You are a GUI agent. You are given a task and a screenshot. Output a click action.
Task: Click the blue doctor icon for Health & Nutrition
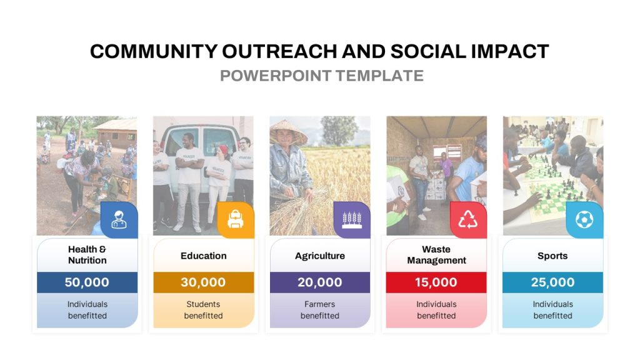tap(119, 219)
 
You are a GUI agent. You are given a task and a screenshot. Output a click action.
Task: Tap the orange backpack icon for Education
tap(236, 219)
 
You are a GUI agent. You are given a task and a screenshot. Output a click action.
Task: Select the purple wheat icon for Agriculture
tap(352, 219)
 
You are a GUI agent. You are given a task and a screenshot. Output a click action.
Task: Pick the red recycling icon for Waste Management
tap(468, 219)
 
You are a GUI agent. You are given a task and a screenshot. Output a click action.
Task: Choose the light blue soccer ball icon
tap(584, 219)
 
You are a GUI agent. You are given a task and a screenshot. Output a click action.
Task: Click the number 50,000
tap(87, 282)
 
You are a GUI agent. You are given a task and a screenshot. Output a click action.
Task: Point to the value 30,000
tap(203, 282)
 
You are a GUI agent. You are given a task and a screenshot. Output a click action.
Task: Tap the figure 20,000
tap(320, 282)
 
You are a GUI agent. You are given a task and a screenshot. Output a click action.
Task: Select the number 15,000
tap(436, 282)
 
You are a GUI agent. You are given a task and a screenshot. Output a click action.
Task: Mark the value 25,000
tap(552, 282)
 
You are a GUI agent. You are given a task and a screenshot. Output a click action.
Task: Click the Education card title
tap(204, 256)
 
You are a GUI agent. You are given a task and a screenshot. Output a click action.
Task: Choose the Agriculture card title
tap(320, 256)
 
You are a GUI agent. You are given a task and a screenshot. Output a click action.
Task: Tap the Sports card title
tap(552, 256)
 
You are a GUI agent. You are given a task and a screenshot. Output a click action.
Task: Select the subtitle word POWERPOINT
tap(276, 76)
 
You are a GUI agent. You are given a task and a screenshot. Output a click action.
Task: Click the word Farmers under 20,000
tap(319, 304)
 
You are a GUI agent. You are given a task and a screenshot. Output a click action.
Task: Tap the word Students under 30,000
tap(203, 304)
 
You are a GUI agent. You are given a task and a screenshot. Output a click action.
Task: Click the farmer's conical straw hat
tap(287, 131)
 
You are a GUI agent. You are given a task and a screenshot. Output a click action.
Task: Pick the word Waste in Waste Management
tap(436, 249)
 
